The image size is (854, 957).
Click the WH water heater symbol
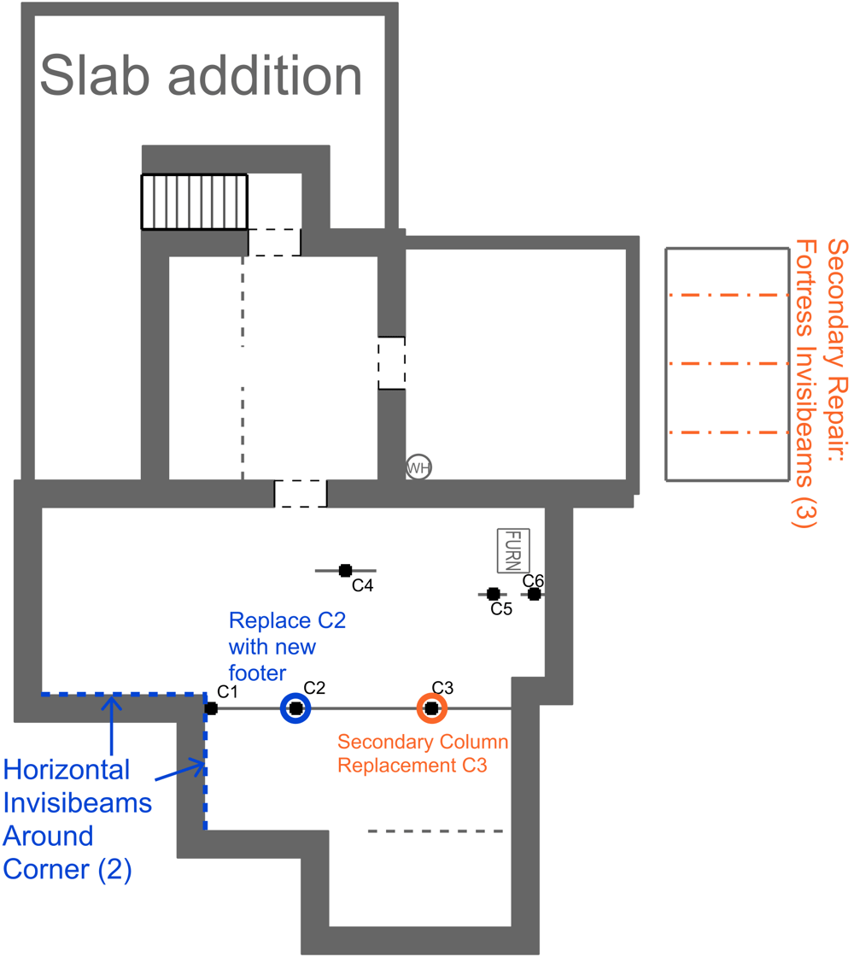pyautogui.click(x=418, y=467)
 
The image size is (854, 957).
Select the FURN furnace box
pyautogui.click(x=513, y=550)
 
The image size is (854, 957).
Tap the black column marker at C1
pyautogui.click(x=211, y=708)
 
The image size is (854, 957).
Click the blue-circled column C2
pyautogui.click(x=295, y=708)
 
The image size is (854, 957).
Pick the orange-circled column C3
pyautogui.click(x=431, y=708)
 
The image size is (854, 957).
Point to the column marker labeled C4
pyautogui.click(x=345, y=570)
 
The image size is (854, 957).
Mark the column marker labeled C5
pyautogui.click(x=493, y=594)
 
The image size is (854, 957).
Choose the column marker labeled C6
pyautogui.click(x=534, y=594)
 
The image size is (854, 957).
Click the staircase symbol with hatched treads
pyautogui.click(x=195, y=202)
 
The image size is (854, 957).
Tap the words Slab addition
pyautogui.click(x=202, y=75)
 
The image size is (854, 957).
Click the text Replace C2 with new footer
pyautogui.click(x=286, y=645)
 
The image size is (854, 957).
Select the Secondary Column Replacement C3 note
pyautogui.click(x=423, y=754)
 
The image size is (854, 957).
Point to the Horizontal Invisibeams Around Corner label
pyautogui.click(x=77, y=819)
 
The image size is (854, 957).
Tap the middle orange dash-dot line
pyautogui.click(x=727, y=364)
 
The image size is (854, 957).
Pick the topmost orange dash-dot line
pyautogui.click(x=727, y=296)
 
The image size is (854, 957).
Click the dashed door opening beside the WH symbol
pyautogui.click(x=391, y=363)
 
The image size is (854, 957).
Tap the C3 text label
pyautogui.click(x=442, y=688)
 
